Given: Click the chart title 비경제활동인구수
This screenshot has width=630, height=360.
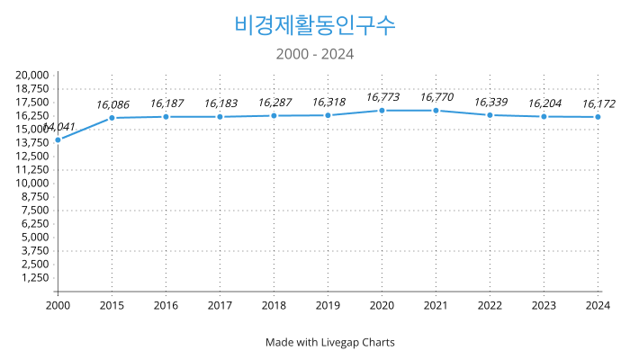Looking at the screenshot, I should (314, 24).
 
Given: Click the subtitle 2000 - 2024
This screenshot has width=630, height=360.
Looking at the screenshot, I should (314, 54).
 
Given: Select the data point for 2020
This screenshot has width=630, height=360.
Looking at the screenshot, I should (382, 110).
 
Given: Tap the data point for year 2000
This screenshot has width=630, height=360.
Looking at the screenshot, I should (58, 139).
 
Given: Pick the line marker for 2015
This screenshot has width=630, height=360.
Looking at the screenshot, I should (112, 118).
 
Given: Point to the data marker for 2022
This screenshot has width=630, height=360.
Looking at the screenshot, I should (490, 115).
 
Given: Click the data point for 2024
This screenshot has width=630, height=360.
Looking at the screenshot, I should (598, 117).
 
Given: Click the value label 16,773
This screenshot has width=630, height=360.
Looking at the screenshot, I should (382, 97).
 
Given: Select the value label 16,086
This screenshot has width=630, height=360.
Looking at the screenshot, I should (112, 104).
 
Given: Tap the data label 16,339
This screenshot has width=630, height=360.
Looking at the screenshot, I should (490, 102).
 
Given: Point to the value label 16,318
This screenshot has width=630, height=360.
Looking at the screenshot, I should (328, 102).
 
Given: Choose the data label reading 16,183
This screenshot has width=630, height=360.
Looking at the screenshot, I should (220, 103).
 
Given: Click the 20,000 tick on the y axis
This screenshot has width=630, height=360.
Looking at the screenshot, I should (32, 75).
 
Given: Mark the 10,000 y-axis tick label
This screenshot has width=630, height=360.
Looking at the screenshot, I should (32, 183).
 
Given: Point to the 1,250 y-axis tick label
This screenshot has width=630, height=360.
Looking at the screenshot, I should (36, 277).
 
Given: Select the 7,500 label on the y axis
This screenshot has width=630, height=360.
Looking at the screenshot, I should (36, 210).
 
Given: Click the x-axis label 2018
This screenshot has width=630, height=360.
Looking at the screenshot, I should (274, 306).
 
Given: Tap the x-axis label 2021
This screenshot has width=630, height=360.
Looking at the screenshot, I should (436, 306).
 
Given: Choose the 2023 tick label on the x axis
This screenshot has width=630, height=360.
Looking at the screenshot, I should (544, 306).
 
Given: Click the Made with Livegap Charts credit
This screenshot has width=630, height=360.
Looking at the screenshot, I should (329, 342).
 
